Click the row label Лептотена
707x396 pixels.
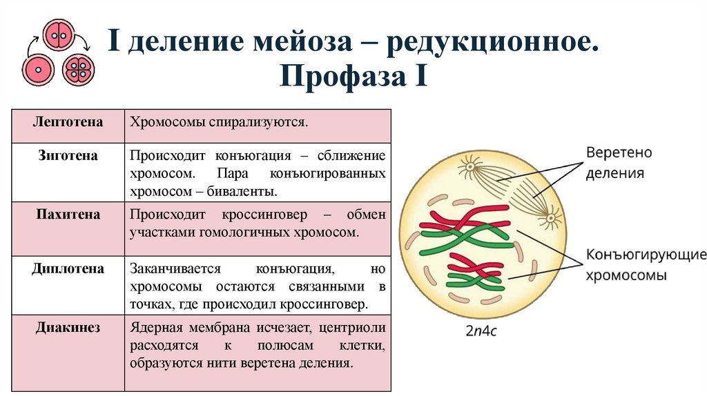(68, 122)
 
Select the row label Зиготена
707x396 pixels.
(68, 156)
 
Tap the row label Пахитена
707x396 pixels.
(68, 215)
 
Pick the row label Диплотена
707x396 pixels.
(68, 269)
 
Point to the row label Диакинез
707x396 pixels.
(68, 328)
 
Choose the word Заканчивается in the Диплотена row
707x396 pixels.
(174, 269)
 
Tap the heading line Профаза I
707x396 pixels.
(353, 75)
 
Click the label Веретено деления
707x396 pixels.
(619, 162)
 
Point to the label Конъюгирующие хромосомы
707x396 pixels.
(646, 265)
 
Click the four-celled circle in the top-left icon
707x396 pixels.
(78, 70)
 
